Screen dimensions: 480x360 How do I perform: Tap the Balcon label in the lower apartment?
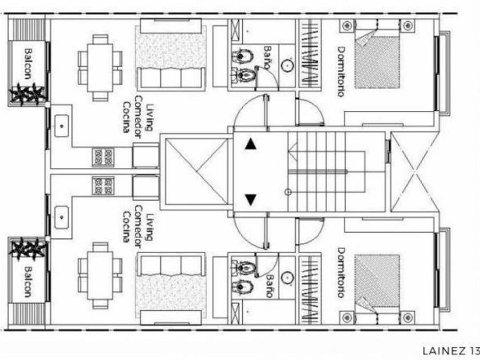[28, 280]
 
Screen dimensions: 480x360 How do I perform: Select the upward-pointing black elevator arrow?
[250, 145]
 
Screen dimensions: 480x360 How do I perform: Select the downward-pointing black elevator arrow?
[250, 199]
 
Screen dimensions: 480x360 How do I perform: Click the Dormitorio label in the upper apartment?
[341, 71]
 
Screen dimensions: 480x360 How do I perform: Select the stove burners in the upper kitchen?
[104, 155]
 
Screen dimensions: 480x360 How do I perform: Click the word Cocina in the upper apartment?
[125, 117]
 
